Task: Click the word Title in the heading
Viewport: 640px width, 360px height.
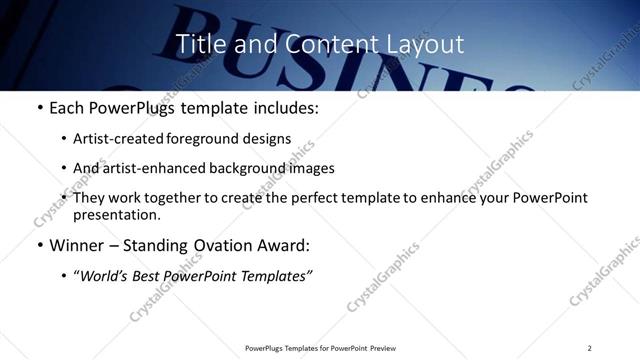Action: point(200,45)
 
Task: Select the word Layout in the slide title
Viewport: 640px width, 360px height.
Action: point(426,45)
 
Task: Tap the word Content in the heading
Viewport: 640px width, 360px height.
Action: point(322,45)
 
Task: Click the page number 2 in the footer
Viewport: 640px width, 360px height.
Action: point(589,348)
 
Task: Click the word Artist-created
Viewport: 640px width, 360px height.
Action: point(113,139)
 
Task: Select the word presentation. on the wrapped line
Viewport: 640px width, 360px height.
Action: point(116,214)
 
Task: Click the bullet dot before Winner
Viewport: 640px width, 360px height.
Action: point(39,245)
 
